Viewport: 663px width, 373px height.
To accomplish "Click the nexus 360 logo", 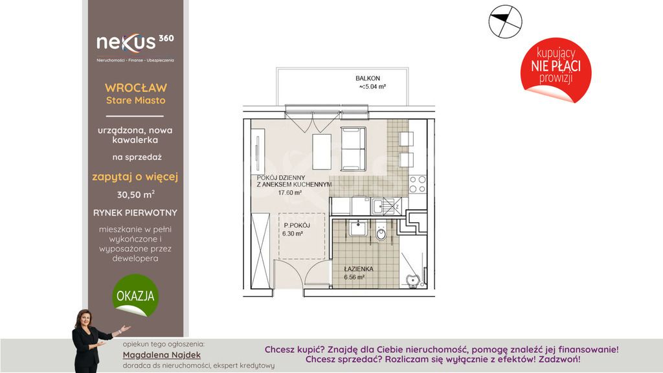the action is (135, 47).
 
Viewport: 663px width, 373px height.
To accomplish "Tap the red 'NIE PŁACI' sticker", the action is (556, 70).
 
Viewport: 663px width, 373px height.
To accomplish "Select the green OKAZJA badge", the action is (135, 295).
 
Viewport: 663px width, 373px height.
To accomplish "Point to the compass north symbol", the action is (505, 21).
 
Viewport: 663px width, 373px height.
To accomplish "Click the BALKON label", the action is (368, 78).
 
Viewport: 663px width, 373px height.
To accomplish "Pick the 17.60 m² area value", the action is (289, 193).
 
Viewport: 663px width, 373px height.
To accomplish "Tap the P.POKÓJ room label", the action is (297, 225).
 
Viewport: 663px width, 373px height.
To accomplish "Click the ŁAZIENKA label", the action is (359, 269).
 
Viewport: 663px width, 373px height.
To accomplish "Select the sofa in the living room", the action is (353, 149).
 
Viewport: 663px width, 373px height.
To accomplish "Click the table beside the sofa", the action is (322, 152).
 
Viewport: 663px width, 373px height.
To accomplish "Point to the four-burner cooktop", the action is (418, 184).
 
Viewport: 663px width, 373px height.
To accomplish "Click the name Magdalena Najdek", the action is (161, 355).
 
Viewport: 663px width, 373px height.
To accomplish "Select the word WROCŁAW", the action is (136, 88).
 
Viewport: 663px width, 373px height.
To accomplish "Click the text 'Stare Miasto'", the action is (136, 100).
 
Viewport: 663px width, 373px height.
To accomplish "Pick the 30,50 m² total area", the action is (136, 194).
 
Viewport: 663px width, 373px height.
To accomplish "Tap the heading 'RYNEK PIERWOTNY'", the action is (135, 212).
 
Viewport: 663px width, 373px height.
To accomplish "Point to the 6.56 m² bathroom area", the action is (354, 277).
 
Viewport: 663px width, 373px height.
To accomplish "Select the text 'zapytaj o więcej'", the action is (135, 177).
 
